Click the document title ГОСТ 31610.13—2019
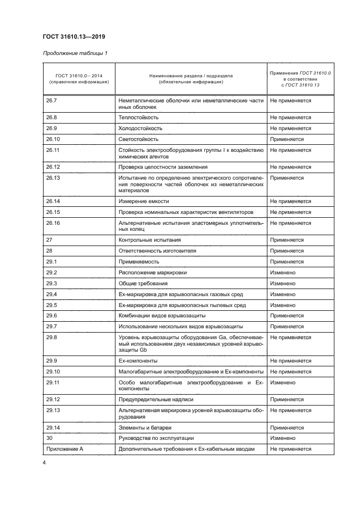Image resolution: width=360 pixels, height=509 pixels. [x=74, y=37]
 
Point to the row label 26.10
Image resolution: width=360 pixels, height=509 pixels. [x=53, y=139]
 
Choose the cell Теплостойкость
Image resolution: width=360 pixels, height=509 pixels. [x=138, y=117]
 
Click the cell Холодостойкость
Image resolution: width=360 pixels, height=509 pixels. [x=140, y=128]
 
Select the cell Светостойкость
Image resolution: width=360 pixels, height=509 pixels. [x=138, y=139]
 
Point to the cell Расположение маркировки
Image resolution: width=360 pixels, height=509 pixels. [x=152, y=272]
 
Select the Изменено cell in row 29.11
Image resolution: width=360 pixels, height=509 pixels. [x=283, y=383]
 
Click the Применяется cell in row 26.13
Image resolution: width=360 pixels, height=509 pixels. [x=286, y=177]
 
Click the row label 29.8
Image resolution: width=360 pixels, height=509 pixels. [x=52, y=338]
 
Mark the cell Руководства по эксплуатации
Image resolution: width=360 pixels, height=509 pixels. [x=156, y=438]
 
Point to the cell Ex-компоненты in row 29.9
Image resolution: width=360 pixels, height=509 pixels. [x=138, y=360]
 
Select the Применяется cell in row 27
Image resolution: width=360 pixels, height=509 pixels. [x=286, y=240]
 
